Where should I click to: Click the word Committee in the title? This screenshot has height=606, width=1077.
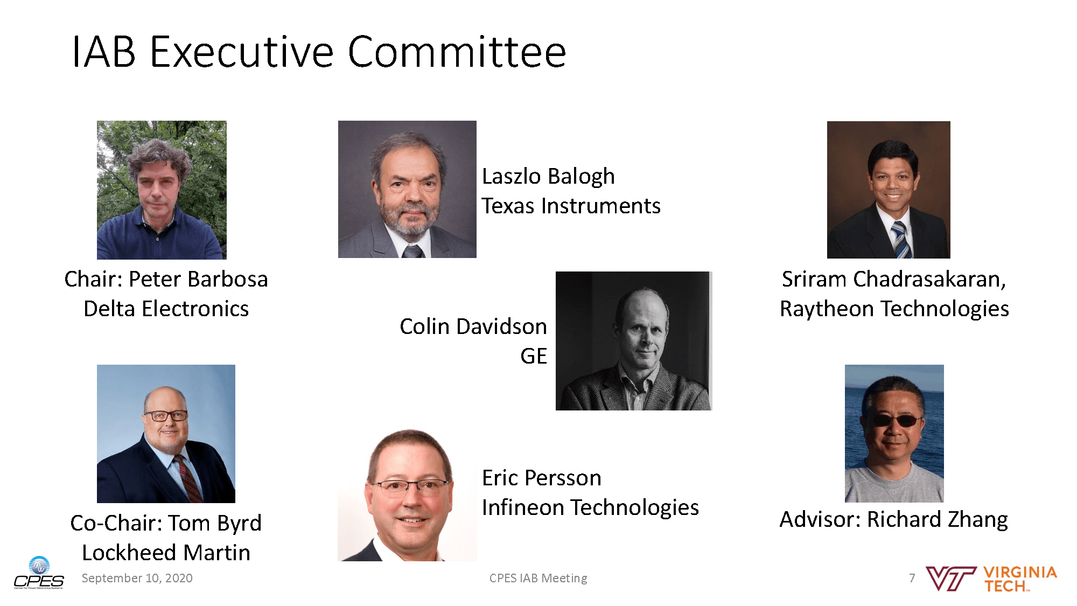457,52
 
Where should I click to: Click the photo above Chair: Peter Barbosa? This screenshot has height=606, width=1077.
162,190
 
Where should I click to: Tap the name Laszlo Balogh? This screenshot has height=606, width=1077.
548,176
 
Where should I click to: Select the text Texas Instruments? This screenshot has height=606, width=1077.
571,206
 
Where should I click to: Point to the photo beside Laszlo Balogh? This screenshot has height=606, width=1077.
407,189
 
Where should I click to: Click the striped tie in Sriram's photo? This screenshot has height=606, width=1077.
900,240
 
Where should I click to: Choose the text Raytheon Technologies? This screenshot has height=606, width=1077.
894,309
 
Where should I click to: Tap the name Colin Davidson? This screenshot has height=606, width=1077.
473,326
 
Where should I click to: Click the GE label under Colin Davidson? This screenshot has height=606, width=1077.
534,356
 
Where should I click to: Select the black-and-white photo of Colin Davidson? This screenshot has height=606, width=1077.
634,341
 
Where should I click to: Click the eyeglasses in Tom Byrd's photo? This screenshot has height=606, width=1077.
165,415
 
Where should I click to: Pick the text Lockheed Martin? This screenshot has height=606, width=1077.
166,553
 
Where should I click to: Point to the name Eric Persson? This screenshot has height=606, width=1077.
541,478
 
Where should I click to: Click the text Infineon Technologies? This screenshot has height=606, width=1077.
590,507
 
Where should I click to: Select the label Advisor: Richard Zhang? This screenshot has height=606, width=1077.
894,519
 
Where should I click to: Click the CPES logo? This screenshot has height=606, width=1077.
39,573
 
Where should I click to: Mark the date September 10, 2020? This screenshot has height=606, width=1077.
137,578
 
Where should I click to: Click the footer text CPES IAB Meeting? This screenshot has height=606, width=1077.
538,578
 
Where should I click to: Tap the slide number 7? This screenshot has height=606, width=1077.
912,578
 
